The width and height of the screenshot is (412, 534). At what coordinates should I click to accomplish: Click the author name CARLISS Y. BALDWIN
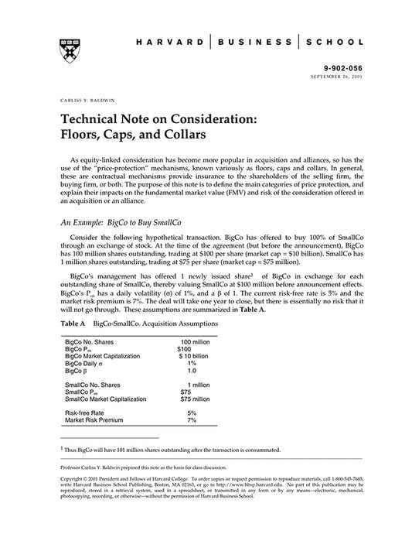[x=85, y=101]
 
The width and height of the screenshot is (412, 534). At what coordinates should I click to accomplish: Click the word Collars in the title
[x=175, y=133]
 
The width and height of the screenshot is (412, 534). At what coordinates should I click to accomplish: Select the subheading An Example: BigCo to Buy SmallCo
[x=120, y=221]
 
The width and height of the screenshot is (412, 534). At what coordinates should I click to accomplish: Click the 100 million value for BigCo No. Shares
[x=196, y=341]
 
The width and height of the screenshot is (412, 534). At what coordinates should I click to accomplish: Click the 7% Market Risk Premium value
[x=192, y=420]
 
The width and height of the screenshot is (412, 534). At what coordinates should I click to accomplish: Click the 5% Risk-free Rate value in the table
[x=192, y=413]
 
